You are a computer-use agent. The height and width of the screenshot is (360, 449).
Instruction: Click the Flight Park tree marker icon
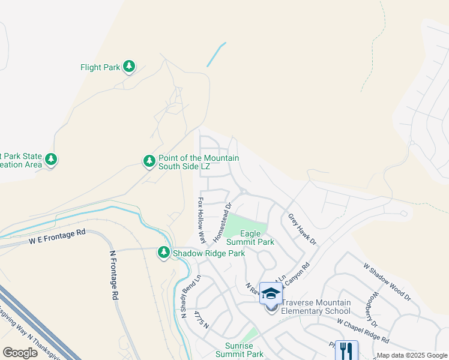click(x=129, y=67)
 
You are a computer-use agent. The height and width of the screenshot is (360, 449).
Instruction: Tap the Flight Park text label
click(x=100, y=68)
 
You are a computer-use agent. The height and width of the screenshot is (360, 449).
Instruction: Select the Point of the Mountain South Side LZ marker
click(x=149, y=161)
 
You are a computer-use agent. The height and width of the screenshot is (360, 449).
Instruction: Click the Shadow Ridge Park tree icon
click(x=163, y=253)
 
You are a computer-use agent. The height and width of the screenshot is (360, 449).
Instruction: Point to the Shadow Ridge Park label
click(x=209, y=254)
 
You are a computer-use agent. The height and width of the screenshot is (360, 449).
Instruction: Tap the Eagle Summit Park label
click(x=250, y=238)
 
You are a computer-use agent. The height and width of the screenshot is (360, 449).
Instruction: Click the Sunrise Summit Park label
click(x=236, y=350)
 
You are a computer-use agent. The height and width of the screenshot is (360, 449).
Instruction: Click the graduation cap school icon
click(x=271, y=293)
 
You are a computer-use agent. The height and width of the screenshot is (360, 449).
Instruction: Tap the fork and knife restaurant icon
click(x=346, y=350)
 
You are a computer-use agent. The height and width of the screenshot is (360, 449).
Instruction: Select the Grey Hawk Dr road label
click(x=302, y=229)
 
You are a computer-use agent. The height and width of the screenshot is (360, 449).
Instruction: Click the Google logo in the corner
click(x=20, y=352)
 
